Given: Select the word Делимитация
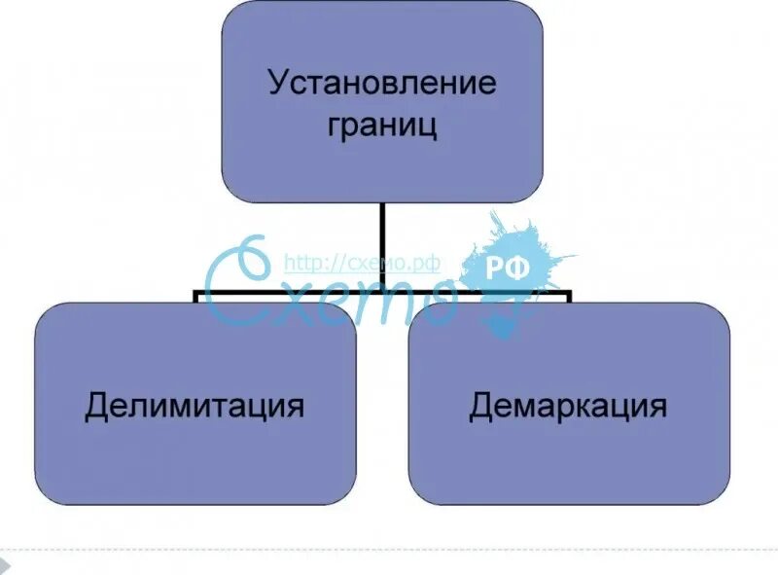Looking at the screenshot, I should (x=194, y=405).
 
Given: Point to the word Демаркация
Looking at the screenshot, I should (x=568, y=405).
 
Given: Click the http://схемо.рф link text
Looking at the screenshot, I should (x=362, y=263).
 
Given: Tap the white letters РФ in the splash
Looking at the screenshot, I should (x=507, y=270).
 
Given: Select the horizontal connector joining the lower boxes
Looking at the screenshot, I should (x=292, y=291).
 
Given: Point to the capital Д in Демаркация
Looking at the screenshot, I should (x=481, y=406).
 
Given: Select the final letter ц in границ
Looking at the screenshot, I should (x=428, y=127).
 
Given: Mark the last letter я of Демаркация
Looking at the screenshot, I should (x=657, y=406).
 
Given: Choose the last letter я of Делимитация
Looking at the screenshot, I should (x=295, y=406).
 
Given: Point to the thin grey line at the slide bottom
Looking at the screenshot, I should (x=389, y=550).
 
